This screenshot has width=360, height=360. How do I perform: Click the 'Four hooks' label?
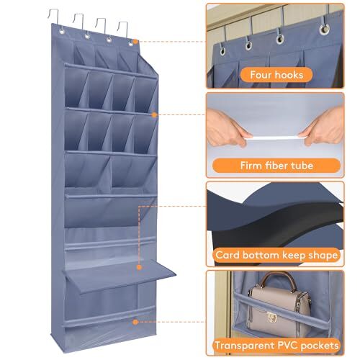click(276, 75)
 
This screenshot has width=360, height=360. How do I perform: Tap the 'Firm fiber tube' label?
click(276, 166)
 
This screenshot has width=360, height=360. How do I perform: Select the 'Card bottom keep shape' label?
click(276, 255)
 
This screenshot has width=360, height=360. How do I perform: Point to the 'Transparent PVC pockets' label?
click(276, 346)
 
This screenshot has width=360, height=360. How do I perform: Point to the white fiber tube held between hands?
click(276, 138)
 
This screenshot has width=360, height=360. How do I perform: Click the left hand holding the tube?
click(228, 127)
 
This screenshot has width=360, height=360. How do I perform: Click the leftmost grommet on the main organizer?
click(62, 32)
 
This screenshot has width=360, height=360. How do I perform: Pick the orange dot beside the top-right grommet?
click(135, 42)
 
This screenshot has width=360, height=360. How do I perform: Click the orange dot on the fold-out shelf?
click(139, 267)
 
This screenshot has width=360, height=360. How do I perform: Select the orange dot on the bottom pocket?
click(135, 322)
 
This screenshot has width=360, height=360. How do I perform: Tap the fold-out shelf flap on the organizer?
click(120, 276)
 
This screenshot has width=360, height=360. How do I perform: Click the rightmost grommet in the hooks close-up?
click(324, 30)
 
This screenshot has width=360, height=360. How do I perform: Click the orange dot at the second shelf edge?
click(154, 115)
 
